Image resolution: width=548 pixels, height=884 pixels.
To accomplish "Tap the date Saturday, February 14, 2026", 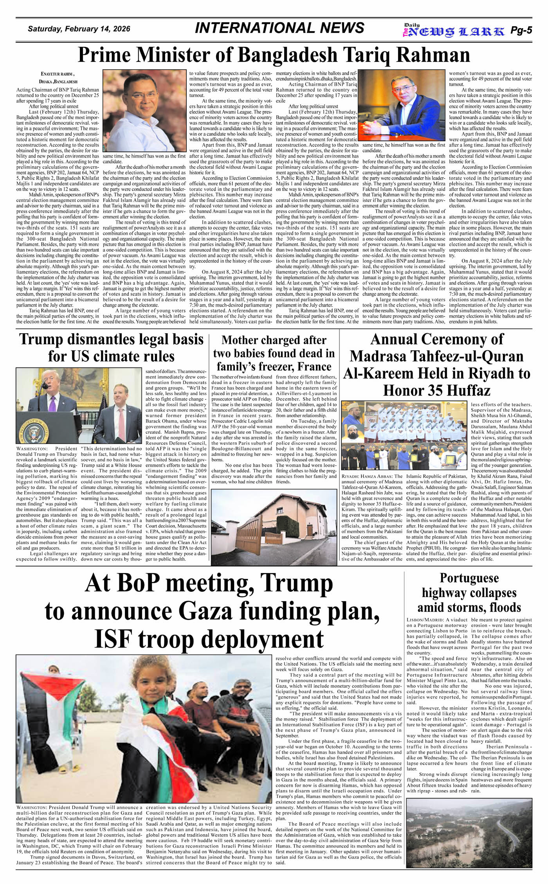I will (79, 29).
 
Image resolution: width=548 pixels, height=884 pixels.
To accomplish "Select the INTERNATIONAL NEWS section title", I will (279, 28).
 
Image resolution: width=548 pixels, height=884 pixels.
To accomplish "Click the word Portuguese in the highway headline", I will (469, 578).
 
